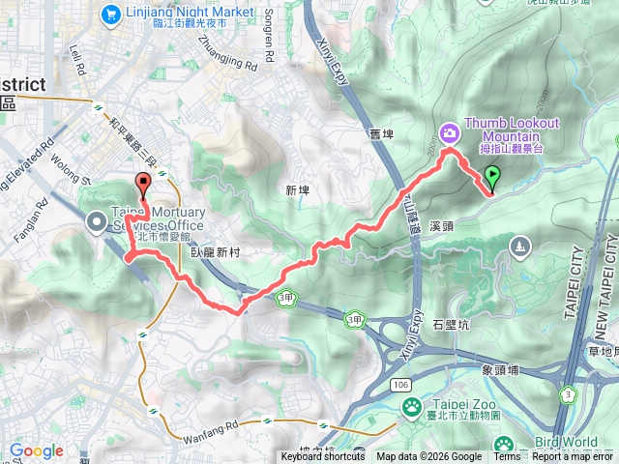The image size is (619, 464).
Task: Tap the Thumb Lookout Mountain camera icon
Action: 449,131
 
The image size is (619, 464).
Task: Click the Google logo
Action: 36,451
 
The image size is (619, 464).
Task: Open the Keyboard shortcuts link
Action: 323,457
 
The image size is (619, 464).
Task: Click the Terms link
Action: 507,457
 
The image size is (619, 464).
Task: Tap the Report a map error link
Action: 573,457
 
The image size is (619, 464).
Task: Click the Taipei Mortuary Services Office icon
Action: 97,221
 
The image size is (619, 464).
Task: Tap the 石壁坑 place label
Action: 450,325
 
